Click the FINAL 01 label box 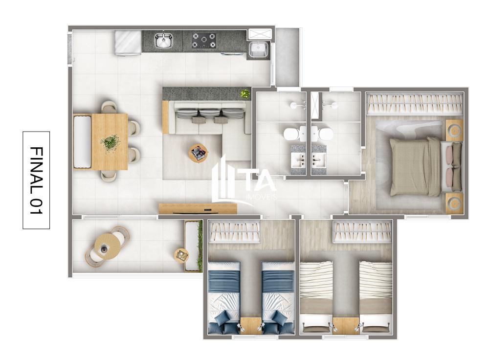pyautogui.click(x=36, y=180)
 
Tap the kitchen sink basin pyautogui.click(x=164, y=41)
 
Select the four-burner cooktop pyautogui.click(x=203, y=41)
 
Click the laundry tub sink pyautogui.click(x=258, y=49)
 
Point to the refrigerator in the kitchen pyautogui.click(x=128, y=43)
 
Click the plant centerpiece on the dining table pyautogui.click(x=110, y=143)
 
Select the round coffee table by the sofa pyautogui.click(x=198, y=153)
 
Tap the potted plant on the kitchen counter pyautogui.click(x=245, y=93)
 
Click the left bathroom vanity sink pyautogui.click(x=299, y=159)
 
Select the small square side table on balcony pyautogui.click(x=181, y=254)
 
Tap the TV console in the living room pyautogui.click(x=198, y=209)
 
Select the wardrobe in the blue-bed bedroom pyautogui.click(x=234, y=231)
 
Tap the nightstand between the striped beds pyautogui.click(x=346, y=325)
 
